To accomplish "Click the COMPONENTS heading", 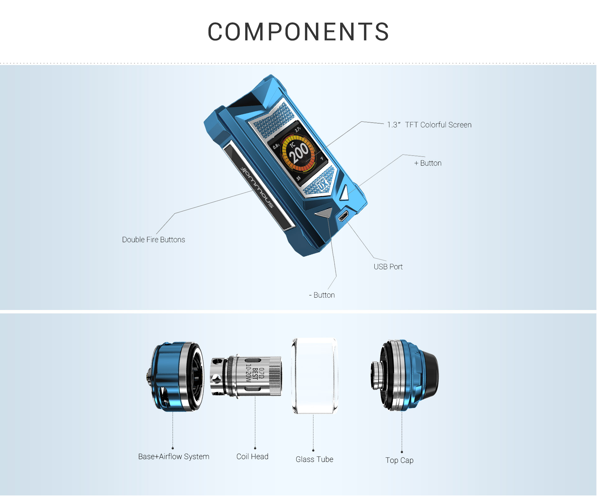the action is [x=298, y=32].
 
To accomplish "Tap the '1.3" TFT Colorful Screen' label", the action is [x=429, y=125].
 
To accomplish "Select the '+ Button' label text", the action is [x=428, y=163].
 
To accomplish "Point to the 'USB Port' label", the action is [x=388, y=267].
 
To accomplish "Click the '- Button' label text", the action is [x=322, y=295].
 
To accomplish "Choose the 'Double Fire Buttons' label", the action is [x=154, y=240].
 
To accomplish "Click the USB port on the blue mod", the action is [x=343, y=215].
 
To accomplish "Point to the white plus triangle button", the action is [x=345, y=193].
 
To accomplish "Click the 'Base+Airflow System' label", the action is [x=174, y=457].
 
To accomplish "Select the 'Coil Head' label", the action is [x=252, y=457].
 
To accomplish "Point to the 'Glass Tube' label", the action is [x=314, y=459].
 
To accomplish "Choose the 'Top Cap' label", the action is [x=399, y=460].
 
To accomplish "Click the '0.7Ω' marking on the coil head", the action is [x=261, y=373].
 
